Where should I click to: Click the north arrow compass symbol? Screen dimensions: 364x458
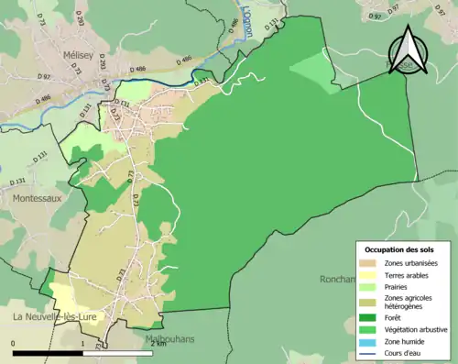click(409, 53)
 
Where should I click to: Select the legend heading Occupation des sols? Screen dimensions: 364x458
click(401, 248)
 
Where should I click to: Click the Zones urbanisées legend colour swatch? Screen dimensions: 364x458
click(369, 263)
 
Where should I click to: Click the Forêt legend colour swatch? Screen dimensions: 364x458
click(369, 319)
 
